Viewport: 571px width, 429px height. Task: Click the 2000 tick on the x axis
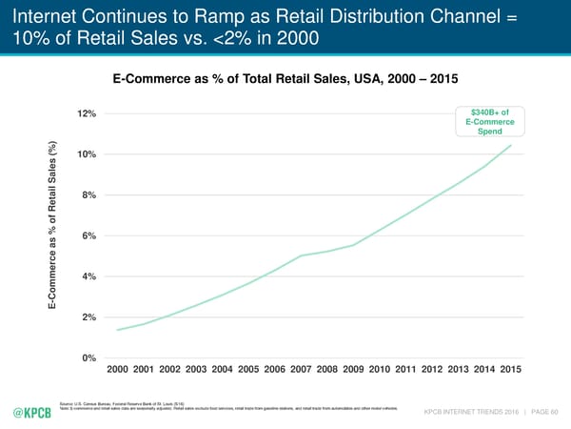(118, 369)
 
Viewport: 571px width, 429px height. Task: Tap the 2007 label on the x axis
(303, 369)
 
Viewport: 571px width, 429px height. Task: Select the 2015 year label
(511, 369)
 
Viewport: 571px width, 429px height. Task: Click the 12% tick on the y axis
(87, 114)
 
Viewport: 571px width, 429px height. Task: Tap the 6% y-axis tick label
(89, 236)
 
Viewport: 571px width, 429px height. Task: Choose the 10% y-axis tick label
(87, 155)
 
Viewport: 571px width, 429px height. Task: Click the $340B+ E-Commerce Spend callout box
(490, 122)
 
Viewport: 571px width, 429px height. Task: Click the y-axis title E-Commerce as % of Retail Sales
(55, 227)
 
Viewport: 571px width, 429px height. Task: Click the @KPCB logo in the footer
(33, 412)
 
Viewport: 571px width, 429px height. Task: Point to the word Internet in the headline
(41, 15)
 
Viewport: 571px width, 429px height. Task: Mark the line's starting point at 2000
(117, 330)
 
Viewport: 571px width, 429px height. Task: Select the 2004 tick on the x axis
(223, 369)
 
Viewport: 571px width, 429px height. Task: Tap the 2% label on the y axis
(89, 317)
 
